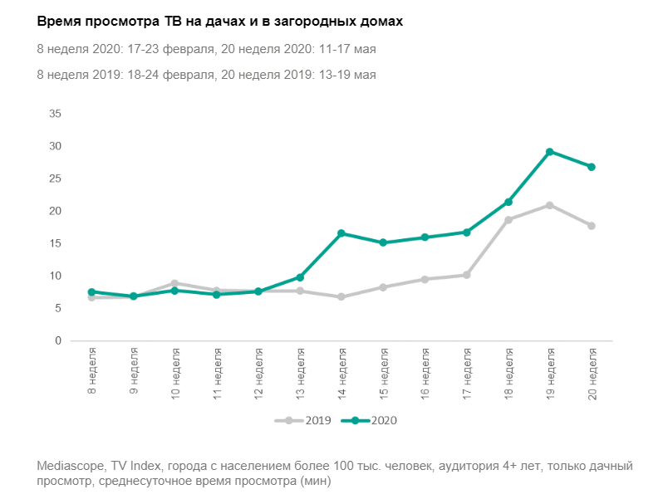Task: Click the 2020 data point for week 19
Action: coord(550,152)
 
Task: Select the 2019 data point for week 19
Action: coord(550,205)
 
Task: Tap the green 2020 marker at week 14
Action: coord(341,233)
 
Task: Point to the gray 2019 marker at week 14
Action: coord(341,296)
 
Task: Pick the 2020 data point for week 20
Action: coord(592,167)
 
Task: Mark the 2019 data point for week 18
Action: coord(508,220)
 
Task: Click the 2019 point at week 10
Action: coord(175,283)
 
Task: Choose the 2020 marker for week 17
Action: coord(467,232)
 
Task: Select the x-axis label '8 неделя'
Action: coord(92,370)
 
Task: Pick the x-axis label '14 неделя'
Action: coord(341,373)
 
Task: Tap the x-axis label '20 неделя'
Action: coord(592,373)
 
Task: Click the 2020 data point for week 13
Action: coord(300,277)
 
